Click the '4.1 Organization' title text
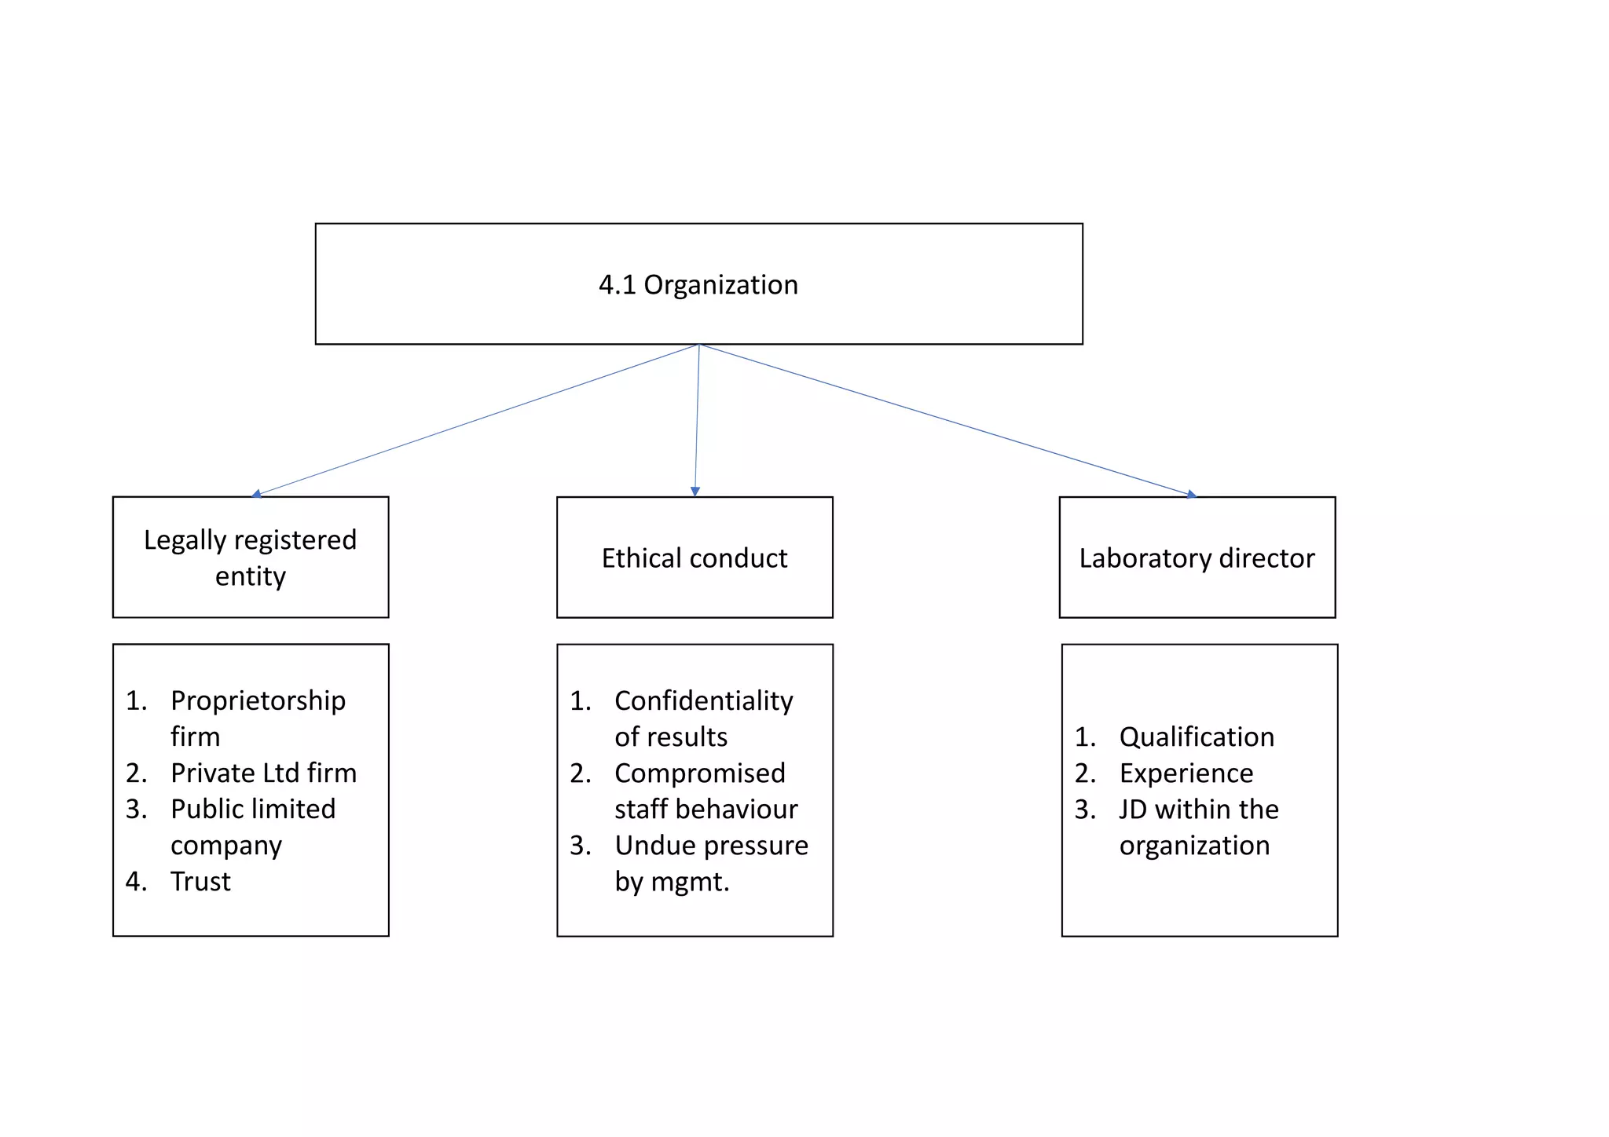(x=698, y=284)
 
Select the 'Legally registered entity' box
(x=251, y=557)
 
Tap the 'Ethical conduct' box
(x=695, y=558)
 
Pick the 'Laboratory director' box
(x=1197, y=558)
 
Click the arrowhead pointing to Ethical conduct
(x=695, y=492)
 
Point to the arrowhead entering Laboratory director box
(x=1191, y=494)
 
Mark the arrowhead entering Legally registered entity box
(x=257, y=494)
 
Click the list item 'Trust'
(x=200, y=881)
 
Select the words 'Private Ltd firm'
(x=263, y=773)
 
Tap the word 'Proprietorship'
(x=258, y=700)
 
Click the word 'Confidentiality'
(x=703, y=700)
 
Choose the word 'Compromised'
(x=699, y=773)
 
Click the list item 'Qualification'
(x=1196, y=737)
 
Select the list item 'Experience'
(x=1186, y=773)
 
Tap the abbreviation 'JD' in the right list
(x=1132, y=809)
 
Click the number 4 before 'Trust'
(x=134, y=881)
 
